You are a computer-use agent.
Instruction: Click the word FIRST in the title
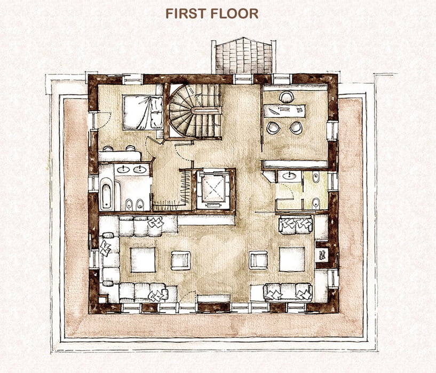tap(186, 14)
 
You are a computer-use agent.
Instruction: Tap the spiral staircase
tap(195, 111)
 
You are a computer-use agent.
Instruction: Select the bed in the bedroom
tap(142, 112)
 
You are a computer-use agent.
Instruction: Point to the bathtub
tap(107, 194)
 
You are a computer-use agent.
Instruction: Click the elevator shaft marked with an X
tap(213, 189)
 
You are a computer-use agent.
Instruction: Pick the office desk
tap(284, 110)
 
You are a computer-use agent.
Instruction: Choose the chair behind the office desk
tap(287, 97)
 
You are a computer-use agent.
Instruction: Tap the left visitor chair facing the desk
tap(273, 128)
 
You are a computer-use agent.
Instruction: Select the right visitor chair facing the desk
tap(296, 128)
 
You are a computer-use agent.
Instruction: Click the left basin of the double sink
tap(122, 169)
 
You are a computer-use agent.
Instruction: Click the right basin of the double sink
tap(140, 169)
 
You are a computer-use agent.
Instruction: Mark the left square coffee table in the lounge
tap(143, 260)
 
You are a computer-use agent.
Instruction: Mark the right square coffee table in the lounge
tap(292, 259)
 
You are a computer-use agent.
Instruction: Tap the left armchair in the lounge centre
tap(180, 260)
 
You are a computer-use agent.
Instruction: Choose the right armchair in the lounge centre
tap(258, 260)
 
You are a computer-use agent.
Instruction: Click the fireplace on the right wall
tap(322, 255)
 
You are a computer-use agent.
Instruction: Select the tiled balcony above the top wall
tap(244, 56)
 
